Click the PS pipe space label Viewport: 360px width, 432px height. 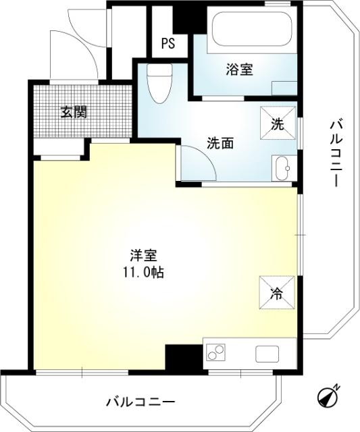[168, 45]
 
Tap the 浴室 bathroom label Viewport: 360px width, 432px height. [239, 68]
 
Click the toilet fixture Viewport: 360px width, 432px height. [159, 84]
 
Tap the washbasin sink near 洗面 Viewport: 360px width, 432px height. [282, 167]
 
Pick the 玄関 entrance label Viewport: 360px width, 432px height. [74, 112]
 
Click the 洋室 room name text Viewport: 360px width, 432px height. [143, 256]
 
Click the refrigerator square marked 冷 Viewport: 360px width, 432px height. [277, 292]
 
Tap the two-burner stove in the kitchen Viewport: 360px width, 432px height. [216, 354]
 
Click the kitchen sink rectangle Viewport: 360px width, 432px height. [266, 353]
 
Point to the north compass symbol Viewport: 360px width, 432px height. [330, 397]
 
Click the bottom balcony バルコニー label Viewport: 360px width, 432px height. [140, 402]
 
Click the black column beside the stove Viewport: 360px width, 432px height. [183, 356]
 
